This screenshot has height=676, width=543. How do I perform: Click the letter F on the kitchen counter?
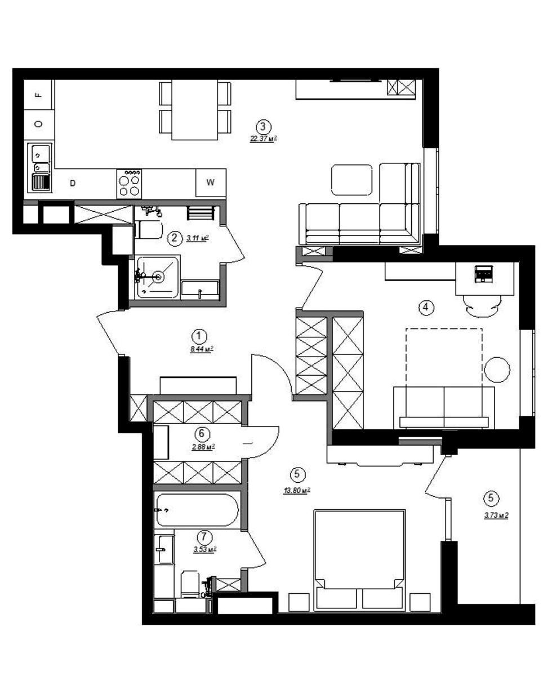(39, 95)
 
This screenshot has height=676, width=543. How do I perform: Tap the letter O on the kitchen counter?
(39, 124)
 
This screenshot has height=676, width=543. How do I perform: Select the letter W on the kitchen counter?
(211, 182)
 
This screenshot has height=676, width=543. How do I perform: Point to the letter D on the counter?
(73, 183)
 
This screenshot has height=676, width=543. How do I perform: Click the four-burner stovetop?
(129, 184)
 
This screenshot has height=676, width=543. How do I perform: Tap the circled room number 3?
(263, 127)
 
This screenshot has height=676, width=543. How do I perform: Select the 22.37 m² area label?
(264, 139)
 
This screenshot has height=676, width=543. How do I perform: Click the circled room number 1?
(199, 336)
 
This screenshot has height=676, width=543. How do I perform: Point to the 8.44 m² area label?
(202, 349)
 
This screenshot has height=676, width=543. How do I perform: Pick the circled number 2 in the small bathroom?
(175, 238)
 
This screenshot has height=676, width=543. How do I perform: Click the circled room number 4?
(425, 307)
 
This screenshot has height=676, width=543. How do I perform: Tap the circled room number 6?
(202, 434)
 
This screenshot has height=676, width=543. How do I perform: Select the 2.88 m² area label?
(203, 446)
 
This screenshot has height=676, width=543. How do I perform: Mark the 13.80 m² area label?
(297, 490)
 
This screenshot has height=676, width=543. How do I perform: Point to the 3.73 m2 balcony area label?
(496, 515)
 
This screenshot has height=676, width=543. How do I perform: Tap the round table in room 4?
(497, 370)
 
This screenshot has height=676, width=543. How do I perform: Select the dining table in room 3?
(195, 110)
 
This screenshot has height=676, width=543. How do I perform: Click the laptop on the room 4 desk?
(484, 274)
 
